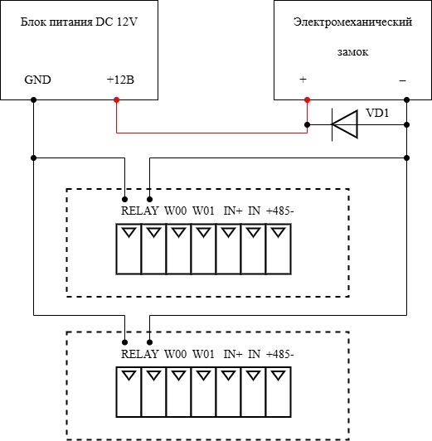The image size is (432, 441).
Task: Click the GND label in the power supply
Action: click(37, 80)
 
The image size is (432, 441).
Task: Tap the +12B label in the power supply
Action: click(120, 80)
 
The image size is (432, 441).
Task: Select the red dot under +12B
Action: click(116, 99)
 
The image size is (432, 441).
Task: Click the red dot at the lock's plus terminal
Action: click(307, 99)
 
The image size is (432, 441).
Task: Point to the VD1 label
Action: click(377, 113)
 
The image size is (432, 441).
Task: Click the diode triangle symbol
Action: click(345, 124)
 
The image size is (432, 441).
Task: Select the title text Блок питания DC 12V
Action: click(79, 22)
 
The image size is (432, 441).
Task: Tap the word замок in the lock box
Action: click(352, 52)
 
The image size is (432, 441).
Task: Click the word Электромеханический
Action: click(352, 22)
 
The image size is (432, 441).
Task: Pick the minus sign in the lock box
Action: click(402, 80)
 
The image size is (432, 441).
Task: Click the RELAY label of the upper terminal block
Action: click(140, 211)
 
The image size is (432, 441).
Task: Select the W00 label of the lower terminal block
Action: click(176, 354)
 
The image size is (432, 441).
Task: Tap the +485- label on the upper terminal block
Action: click(279, 211)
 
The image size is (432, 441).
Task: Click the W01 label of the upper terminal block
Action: click(203, 211)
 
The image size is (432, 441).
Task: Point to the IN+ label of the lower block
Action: click(233, 354)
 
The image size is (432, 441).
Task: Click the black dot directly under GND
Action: click(33, 99)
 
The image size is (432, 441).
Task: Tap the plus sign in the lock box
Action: click(303, 80)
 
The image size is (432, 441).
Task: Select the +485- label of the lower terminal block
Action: click(279, 354)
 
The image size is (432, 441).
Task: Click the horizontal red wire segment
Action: click(211, 133)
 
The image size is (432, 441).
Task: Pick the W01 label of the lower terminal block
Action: click(203, 354)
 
